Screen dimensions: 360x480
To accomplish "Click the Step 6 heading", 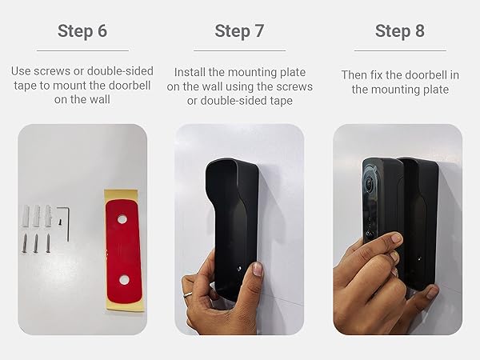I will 82,31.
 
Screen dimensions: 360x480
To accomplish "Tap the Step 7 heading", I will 239,31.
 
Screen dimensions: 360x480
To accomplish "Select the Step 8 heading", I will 400,31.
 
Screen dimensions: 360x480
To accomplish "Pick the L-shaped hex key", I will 70,221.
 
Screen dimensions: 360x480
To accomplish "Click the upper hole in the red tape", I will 122,219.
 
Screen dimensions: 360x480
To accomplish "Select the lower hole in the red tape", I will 125,279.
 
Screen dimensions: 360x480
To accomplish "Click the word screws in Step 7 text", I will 293,86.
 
